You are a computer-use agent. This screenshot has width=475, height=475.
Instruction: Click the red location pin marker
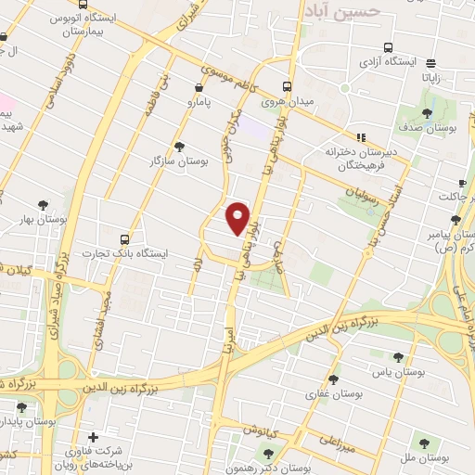pyautogui.click(x=238, y=217)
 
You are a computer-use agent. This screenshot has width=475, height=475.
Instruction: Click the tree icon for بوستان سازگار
pyautogui.click(x=179, y=146)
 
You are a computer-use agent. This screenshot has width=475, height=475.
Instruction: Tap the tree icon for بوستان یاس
pyautogui.click(x=398, y=356)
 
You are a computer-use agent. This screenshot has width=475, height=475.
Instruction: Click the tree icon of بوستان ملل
pyautogui.click(x=424, y=443)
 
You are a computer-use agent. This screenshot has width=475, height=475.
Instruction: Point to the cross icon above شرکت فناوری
pyautogui.click(x=92, y=437)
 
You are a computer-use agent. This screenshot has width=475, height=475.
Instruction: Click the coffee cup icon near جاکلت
pyautogui.click(x=462, y=183)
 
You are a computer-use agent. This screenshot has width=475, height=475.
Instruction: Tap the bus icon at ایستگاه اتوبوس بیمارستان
pyautogui.click(x=6, y=37)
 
